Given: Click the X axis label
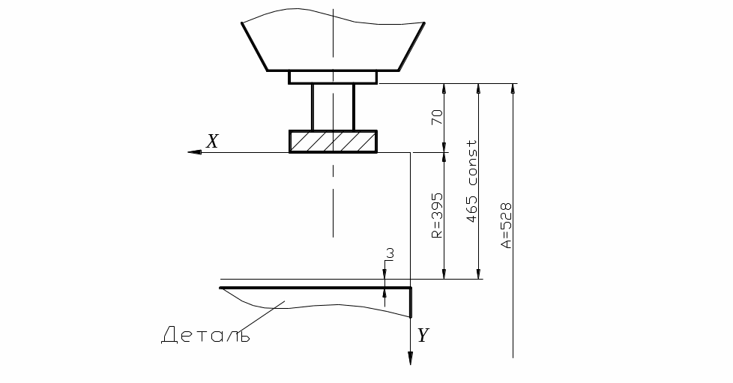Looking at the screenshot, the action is point(213,141).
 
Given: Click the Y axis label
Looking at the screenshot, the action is point(423,335).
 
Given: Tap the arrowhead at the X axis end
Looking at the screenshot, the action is point(194,152).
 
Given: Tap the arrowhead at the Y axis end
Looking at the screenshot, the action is point(411,358).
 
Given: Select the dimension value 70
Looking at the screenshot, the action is point(437,117).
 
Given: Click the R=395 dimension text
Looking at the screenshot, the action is point(437,215).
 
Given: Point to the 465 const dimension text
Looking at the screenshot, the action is point(471,181).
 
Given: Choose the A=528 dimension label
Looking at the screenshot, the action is point(506,225).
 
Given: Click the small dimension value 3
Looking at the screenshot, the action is point(390,253).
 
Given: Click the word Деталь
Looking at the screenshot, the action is point(205,335).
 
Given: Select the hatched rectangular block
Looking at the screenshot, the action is point(333,142).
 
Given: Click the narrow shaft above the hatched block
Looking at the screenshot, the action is point(333,107).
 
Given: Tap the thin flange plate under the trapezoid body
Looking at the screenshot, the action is point(333,77).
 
